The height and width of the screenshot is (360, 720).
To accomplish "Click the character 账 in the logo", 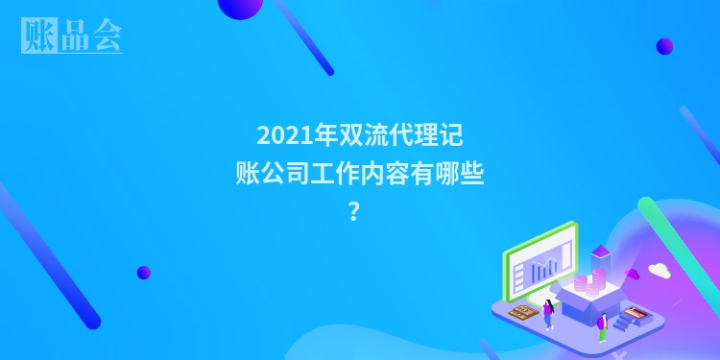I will (x=36, y=35).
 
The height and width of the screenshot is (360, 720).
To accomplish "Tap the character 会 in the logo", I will (x=107, y=35).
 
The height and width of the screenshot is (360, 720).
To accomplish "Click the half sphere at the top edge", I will (x=240, y=8).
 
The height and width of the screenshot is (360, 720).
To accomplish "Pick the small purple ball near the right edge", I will (x=664, y=46).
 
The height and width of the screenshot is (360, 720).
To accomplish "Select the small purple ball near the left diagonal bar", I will (x=144, y=272).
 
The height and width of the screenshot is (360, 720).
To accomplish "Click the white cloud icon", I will (x=659, y=271).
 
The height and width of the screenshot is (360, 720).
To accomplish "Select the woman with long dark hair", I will (x=548, y=311).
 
